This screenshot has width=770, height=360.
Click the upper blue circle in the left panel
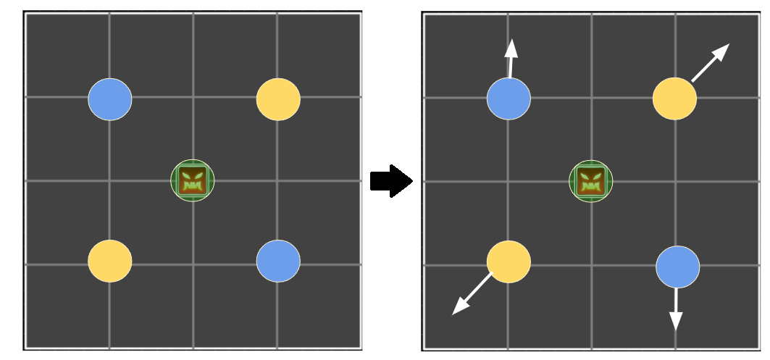click(110, 99)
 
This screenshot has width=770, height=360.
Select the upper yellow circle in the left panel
click(278, 99)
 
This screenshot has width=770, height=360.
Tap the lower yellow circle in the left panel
click(110, 261)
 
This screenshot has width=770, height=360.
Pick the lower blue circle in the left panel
click(278, 261)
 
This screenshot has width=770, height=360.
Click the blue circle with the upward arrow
click(509, 99)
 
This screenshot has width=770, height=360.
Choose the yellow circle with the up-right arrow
click(674, 99)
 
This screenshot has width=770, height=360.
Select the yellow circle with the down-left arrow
click(509, 261)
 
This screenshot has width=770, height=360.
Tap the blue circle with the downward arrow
click(677, 267)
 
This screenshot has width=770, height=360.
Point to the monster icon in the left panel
click(193, 180)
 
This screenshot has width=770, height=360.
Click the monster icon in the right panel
click(591, 181)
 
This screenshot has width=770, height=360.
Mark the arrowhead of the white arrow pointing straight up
click(511, 48)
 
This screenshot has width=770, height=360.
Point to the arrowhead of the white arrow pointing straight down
click(676, 320)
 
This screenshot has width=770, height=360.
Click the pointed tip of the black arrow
click(411, 181)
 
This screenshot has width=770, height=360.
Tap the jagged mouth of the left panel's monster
click(193, 187)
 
